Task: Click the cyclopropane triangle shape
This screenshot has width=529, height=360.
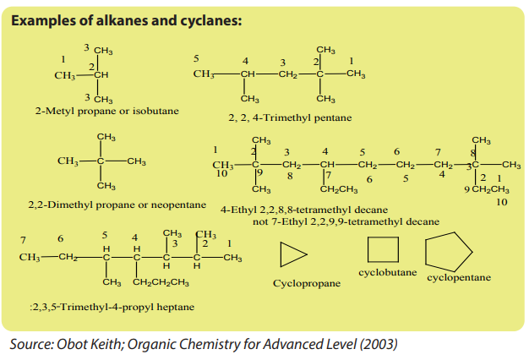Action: (x=281, y=254)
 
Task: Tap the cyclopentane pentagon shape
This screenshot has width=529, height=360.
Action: (x=426, y=251)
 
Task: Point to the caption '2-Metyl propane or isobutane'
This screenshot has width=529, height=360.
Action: (x=107, y=111)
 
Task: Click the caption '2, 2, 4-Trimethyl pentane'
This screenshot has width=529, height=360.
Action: (x=290, y=117)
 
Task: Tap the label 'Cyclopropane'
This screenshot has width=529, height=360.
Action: (x=307, y=283)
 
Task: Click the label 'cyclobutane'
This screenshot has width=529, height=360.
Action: (x=388, y=272)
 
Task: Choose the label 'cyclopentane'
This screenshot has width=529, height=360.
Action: (x=459, y=278)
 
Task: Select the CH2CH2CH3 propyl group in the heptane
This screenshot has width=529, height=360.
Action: (x=161, y=282)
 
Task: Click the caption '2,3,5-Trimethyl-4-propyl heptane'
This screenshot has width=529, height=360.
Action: (x=112, y=307)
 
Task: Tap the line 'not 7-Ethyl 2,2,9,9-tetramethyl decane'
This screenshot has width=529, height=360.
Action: (x=346, y=221)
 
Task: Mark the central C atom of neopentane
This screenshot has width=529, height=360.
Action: (x=101, y=161)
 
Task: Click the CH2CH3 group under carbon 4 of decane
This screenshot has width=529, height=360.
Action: (x=339, y=189)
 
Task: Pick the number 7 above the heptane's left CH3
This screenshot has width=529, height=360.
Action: (x=23, y=240)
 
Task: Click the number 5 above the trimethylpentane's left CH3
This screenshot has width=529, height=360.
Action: (x=196, y=58)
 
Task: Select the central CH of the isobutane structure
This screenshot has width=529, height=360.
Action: (x=101, y=75)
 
